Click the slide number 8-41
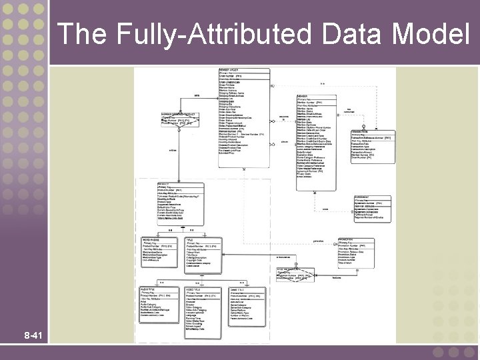click(x=31, y=335)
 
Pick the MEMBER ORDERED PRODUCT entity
click(x=179, y=118)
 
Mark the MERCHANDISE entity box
click(x=159, y=251)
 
